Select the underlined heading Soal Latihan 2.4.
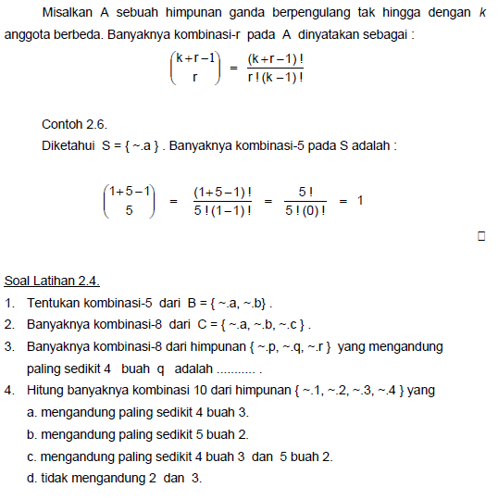click(x=52, y=281)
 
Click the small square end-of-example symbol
click(x=481, y=236)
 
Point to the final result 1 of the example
click(x=360, y=200)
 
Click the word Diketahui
click(x=68, y=145)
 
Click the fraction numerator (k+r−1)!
click(x=277, y=58)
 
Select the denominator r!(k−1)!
click(x=276, y=77)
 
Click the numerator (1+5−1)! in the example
click(x=222, y=191)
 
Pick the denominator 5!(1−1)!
click(x=222, y=210)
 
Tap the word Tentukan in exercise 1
click(x=55, y=303)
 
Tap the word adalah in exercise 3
click(x=193, y=369)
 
